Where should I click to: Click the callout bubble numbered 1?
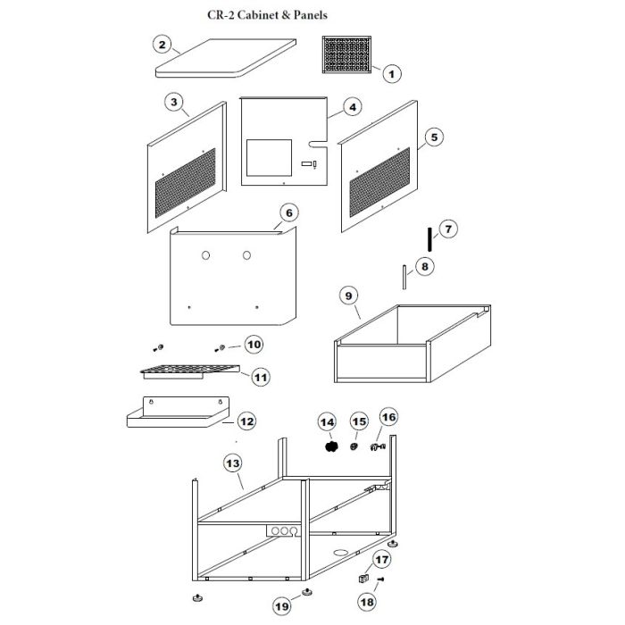pos(392,74)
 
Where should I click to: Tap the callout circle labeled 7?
pos(448,229)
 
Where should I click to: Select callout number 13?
pos(232,463)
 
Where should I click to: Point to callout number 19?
pos(282,606)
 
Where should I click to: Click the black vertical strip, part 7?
pos(429,238)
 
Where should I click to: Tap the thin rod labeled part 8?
pos(404,276)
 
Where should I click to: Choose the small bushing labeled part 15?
pos(354,445)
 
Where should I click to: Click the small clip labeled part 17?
pos(364,579)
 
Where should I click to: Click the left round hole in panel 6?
pos(204,255)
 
